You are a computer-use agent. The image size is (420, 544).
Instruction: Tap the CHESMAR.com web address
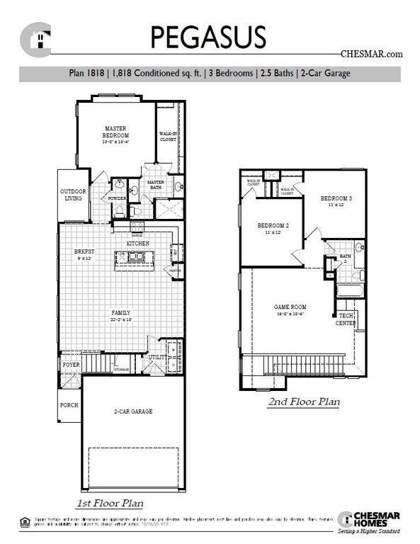click(371, 53)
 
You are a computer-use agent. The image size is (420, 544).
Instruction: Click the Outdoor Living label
click(72, 195)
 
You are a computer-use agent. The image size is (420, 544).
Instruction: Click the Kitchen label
click(137, 243)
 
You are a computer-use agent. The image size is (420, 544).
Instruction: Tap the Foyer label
click(71, 365)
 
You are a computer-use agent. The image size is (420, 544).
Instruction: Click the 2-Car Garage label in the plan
click(133, 411)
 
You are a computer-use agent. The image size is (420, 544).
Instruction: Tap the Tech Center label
click(346, 319)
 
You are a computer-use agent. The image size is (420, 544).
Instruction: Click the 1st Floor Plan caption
click(110, 504)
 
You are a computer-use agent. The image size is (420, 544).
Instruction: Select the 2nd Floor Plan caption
click(303, 402)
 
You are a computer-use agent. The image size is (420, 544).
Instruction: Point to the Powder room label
click(118, 198)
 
